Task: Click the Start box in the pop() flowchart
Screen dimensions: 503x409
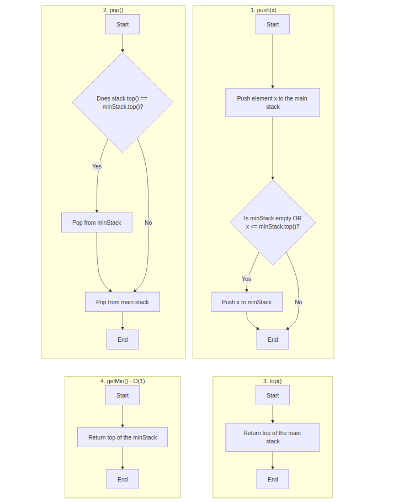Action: [x=122, y=24]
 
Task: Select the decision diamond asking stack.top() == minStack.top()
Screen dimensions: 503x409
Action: [x=122, y=102]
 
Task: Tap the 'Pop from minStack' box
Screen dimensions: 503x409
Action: [x=97, y=223]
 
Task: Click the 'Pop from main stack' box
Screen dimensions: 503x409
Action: [x=122, y=302]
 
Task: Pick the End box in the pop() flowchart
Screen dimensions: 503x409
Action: [x=122, y=340]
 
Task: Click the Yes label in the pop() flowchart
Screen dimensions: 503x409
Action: [x=97, y=166]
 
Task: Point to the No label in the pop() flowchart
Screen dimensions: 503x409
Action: [x=148, y=223]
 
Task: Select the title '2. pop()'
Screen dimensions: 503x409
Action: [x=113, y=10]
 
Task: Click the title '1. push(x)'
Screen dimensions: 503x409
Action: [x=263, y=10]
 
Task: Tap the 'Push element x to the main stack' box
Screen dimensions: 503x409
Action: [x=272, y=102]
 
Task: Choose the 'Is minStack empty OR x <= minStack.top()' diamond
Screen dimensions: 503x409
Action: [x=272, y=222]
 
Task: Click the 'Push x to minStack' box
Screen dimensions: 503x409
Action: [x=246, y=302]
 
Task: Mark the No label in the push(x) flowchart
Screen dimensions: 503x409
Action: [x=298, y=302]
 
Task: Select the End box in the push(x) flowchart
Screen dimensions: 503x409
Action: [x=272, y=340]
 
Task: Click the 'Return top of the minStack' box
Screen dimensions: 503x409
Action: [x=122, y=437]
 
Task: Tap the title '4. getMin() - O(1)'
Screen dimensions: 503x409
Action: [x=122, y=381]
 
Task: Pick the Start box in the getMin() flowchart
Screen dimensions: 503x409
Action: [x=122, y=395]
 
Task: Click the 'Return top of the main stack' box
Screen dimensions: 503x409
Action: [x=272, y=437]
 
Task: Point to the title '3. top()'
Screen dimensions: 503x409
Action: [x=272, y=381]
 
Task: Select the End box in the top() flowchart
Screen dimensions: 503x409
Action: [x=272, y=479]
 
